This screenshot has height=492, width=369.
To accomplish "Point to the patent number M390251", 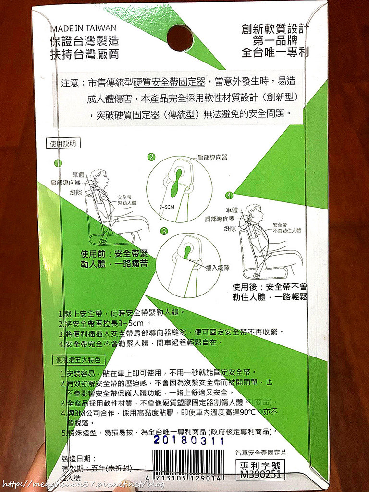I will point(260,474).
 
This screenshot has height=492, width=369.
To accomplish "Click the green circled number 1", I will point(58,163).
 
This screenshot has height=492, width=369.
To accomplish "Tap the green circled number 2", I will point(151,157).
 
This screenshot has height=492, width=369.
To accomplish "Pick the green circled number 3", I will point(164,231).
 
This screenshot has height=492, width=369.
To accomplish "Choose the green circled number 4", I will point(229,196).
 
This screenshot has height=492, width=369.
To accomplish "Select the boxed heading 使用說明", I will point(63,143).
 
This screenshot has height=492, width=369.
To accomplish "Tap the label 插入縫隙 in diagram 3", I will point(217,268).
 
